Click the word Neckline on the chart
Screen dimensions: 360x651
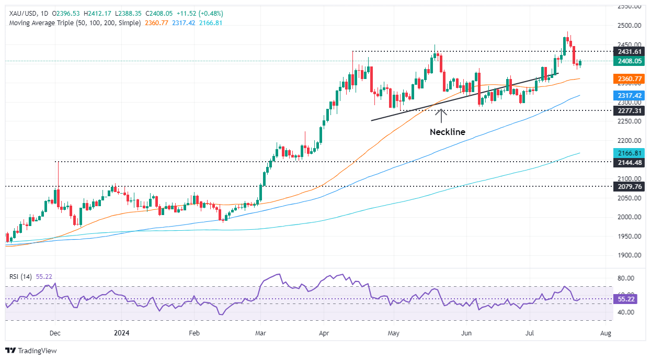pyautogui.click(x=447, y=132)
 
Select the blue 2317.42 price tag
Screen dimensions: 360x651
pyautogui.click(x=630, y=96)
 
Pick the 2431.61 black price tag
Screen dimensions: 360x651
pyautogui.click(x=630, y=51)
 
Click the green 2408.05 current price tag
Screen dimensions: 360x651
pyautogui.click(x=630, y=61)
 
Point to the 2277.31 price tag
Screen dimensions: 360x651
pyautogui.click(x=630, y=111)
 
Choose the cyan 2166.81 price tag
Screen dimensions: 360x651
pyautogui.click(x=630, y=153)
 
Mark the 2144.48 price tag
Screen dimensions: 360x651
pyautogui.click(x=630, y=162)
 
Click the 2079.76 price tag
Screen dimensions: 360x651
pyautogui.click(x=630, y=186)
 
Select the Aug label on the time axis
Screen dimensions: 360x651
pyautogui.click(x=606, y=332)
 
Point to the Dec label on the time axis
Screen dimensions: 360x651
pyautogui.click(x=55, y=332)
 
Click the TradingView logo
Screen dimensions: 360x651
pyautogui.click(x=31, y=351)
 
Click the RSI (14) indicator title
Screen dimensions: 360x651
pyautogui.click(x=19, y=277)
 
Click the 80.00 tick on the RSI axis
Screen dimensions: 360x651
pyautogui.click(x=626, y=278)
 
